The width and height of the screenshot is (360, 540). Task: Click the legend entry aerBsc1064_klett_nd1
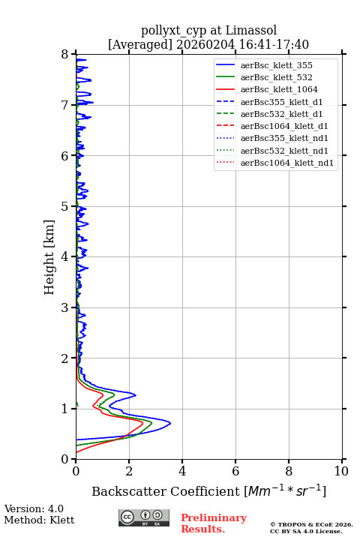(x=274, y=163)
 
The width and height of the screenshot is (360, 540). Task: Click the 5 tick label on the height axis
(x=65, y=206)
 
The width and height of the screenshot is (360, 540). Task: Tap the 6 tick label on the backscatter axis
(x=235, y=471)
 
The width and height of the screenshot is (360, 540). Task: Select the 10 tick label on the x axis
(x=341, y=471)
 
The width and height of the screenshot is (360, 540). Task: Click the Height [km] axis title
(x=49, y=257)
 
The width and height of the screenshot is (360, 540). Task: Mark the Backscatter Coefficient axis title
(x=208, y=490)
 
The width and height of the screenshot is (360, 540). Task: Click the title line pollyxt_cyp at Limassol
(x=208, y=30)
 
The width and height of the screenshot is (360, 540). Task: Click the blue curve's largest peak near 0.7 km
(x=170, y=423)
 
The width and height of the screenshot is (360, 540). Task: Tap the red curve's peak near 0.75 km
(x=142, y=422)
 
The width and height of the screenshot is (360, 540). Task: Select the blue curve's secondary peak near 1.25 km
(x=136, y=395)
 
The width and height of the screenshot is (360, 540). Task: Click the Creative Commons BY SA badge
(x=144, y=517)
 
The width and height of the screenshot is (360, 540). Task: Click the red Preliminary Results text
(x=214, y=523)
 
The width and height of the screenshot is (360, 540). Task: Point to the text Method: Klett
(x=39, y=520)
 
